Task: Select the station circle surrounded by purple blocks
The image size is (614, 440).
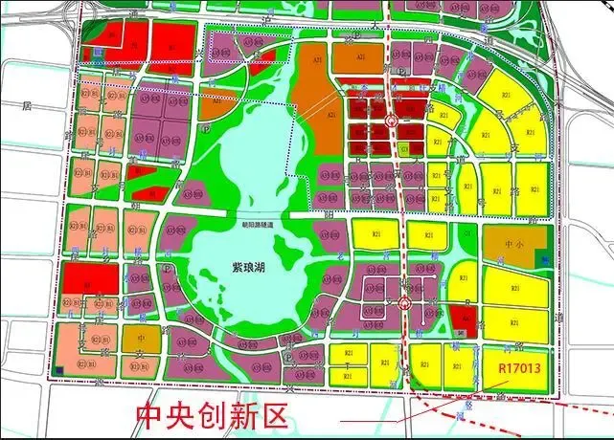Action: pos(403,305)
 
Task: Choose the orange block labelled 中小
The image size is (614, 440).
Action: pos(514,245)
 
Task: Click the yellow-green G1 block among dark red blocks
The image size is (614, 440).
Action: pos(404,148)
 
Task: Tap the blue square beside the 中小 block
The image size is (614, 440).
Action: pos(543,255)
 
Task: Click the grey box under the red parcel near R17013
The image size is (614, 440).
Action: pos(461,332)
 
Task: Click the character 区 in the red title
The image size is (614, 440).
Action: pos(272,416)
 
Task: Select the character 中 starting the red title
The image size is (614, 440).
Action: pos(149,416)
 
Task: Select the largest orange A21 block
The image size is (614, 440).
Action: pos(318,96)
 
